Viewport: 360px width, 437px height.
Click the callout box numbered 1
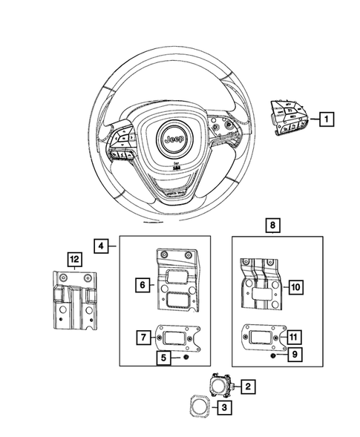coord(327,118)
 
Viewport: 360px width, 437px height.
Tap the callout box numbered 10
coord(295,286)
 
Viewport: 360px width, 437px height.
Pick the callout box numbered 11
coord(295,335)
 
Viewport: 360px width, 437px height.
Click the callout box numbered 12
coord(73,259)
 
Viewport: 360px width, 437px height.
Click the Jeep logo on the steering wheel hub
coord(174,139)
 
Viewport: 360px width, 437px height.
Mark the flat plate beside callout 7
coord(179,338)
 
